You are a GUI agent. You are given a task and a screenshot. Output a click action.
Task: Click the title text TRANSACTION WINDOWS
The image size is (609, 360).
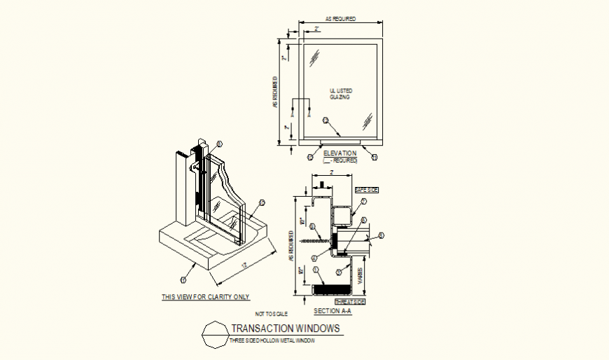[286, 328]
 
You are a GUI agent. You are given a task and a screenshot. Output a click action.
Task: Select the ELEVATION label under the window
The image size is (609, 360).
[340, 153]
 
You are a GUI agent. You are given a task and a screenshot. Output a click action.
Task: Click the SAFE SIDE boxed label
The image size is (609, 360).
[365, 190]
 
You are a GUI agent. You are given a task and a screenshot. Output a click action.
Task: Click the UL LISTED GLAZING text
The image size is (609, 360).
[341, 95]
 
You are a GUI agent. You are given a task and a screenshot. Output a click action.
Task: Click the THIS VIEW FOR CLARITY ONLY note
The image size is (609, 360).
[205, 297]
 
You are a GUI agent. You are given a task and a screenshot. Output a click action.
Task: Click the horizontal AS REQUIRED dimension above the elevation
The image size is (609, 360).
[341, 19]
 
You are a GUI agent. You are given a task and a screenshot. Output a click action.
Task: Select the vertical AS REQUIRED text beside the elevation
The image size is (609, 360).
[276, 94]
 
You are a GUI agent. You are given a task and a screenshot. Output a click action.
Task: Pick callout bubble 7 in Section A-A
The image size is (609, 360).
[364, 202]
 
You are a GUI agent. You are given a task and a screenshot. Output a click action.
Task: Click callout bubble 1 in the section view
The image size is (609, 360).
[316, 270]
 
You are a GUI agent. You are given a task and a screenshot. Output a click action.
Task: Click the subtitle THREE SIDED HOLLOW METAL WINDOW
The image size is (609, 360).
[272, 340]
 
